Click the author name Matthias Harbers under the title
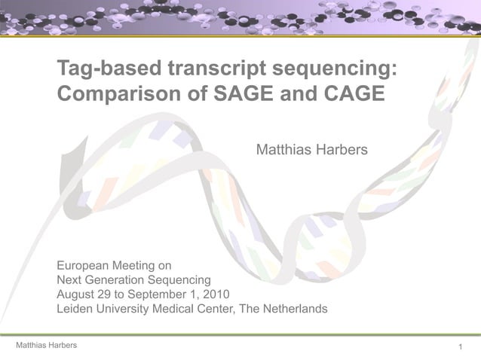coord(312,151)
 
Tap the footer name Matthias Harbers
coord(41,345)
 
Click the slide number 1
coord(460,346)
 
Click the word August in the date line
coord(76,294)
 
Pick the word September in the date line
coord(157,294)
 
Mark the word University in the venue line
coord(125,309)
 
